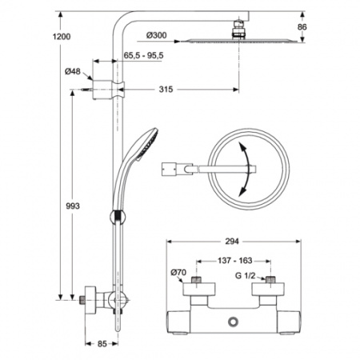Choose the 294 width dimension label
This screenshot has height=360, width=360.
pyautogui.click(x=231, y=241)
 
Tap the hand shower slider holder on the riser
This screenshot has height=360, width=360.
pyautogui.click(x=118, y=217)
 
